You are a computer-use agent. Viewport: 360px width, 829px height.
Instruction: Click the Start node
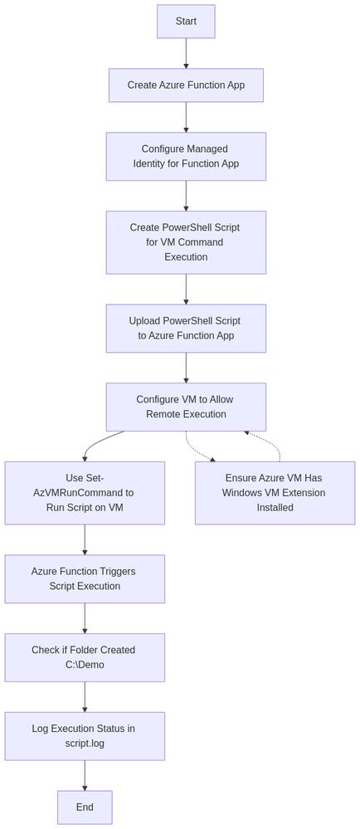coord(186,22)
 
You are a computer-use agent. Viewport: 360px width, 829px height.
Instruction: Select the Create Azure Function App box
coord(186,85)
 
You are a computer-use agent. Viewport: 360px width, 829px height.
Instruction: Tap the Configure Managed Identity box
coord(186,156)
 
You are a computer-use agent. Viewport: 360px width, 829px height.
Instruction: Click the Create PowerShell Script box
coord(186,242)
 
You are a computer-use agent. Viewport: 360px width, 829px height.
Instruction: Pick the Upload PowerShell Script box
coord(186,328)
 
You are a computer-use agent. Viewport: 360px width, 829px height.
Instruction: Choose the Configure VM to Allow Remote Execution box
coord(186,407)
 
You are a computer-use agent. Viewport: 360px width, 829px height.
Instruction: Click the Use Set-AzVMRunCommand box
coord(85,493)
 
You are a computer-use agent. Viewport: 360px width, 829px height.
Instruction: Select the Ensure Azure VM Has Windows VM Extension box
coord(275,493)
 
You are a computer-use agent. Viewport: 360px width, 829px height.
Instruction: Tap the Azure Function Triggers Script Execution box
coord(85,578)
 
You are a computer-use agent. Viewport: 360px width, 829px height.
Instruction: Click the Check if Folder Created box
coord(85,657)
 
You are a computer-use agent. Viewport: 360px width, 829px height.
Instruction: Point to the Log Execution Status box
coord(85,736)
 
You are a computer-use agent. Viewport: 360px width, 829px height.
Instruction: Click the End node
coord(85,807)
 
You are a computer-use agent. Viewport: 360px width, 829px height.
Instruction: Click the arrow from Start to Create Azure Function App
coord(186,53)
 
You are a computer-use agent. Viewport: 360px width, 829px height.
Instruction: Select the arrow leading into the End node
coord(85,775)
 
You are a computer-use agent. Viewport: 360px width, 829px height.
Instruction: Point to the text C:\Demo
coord(85,665)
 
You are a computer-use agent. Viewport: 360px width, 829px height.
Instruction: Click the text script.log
coord(85,744)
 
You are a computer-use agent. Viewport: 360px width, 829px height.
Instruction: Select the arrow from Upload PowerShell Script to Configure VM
coord(186,368)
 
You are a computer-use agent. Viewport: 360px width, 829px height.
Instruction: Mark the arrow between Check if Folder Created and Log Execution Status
coord(85,696)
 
